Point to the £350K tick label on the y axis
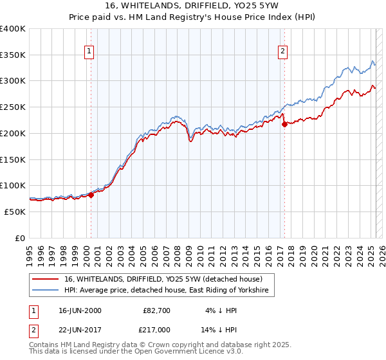(x=13, y=55)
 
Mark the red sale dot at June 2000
(x=91, y=195)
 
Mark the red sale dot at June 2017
(x=284, y=125)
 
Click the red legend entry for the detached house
(x=163, y=280)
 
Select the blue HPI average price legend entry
(x=169, y=291)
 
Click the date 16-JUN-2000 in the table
(x=80, y=310)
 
